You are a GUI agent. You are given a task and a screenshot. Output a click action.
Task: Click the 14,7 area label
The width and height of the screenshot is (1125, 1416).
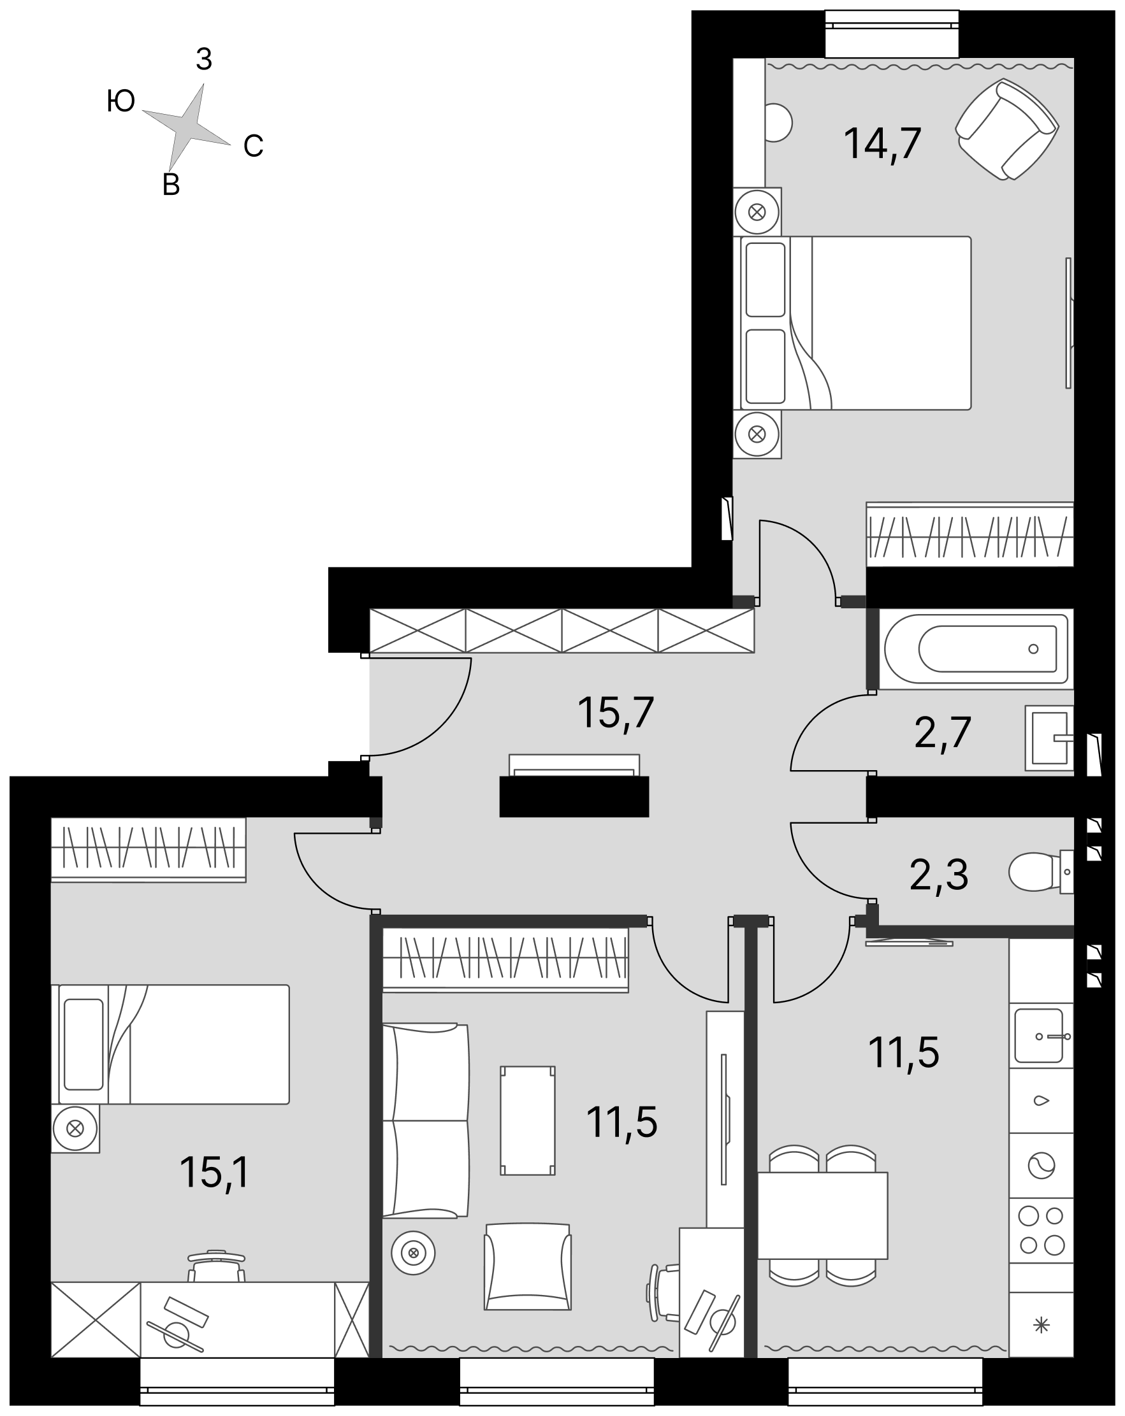[882, 144]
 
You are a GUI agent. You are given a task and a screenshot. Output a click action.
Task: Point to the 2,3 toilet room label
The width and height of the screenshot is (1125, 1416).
[938, 875]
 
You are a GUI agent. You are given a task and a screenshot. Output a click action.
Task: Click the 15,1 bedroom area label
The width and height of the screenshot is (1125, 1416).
[215, 1173]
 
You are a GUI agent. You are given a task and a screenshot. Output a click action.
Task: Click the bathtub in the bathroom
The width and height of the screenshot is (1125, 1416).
[976, 649]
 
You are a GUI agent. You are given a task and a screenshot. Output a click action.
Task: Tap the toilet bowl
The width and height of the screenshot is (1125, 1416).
[1041, 871]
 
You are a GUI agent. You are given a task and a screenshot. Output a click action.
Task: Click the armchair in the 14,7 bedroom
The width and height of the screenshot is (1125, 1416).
[1006, 129]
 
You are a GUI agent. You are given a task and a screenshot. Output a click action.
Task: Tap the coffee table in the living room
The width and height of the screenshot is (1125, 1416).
[528, 1120]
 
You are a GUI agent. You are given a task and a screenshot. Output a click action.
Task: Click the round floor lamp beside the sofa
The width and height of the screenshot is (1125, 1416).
[413, 1253]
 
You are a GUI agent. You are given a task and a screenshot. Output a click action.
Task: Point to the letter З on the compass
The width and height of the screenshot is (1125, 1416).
[204, 60]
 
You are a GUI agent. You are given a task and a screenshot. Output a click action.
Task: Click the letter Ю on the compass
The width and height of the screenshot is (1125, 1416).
[121, 101]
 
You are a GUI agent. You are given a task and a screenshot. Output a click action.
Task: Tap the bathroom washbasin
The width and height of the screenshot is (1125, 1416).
[1049, 738]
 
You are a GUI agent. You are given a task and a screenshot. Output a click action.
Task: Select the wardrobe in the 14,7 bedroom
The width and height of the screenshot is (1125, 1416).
[970, 534]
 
